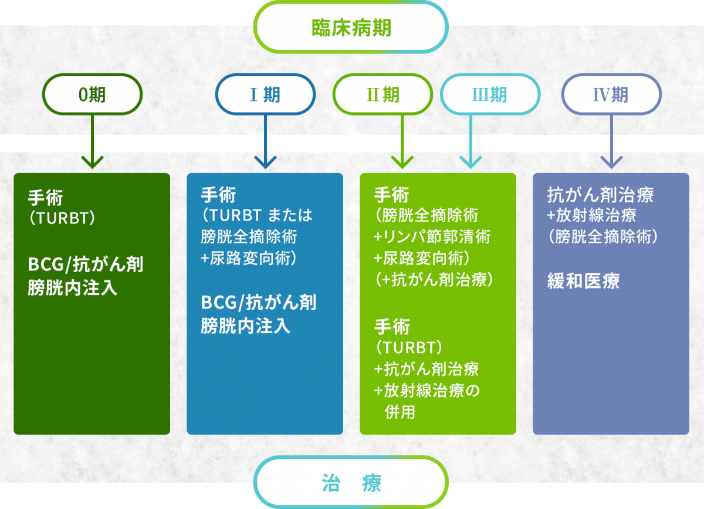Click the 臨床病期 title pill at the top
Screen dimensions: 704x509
click(x=351, y=28)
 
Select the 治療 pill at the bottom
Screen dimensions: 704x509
click(x=351, y=482)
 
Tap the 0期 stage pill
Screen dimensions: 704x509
click(x=92, y=94)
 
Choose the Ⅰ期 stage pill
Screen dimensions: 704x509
click(x=265, y=94)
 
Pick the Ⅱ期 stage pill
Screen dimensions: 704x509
click(x=383, y=94)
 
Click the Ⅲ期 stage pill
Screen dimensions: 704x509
click(x=490, y=94)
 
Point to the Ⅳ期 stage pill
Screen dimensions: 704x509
click(x=611, y=94)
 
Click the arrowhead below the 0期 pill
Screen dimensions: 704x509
click(x=92, y=162)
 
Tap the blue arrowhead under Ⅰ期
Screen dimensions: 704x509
click(x=265, y=162)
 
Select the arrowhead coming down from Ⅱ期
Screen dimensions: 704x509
click(x=402, y=162)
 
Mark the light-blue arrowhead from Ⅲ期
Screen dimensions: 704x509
click(x=471, y=162)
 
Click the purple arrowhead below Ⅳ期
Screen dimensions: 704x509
click(x=611, y=162)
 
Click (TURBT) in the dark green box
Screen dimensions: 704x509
click(x=62, y=218)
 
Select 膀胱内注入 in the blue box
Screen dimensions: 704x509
click(x=245, y=325)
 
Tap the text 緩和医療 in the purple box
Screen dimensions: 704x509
click(x=583, y=280)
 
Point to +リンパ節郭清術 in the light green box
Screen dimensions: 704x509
click(x=432, y=236)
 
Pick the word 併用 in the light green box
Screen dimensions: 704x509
click(x=400, y=412)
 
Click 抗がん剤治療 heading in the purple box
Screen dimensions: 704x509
click(x=600, y=195)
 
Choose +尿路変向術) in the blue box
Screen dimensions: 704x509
click(x=249, y=258)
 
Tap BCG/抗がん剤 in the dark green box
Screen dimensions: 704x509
click(x=86, y=264)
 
